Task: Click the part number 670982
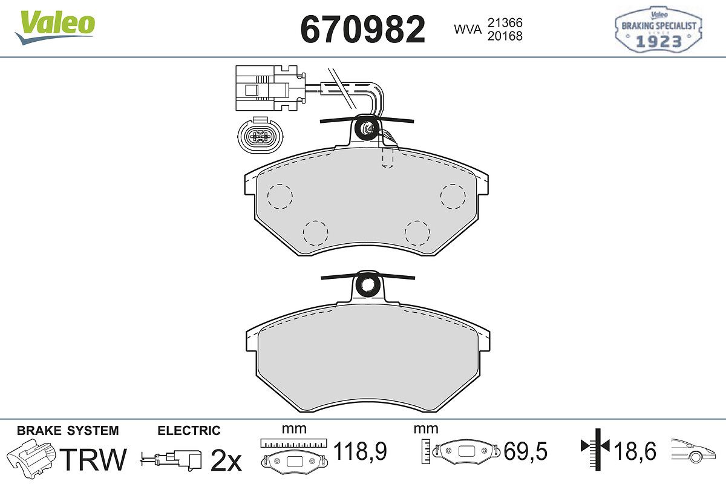tap(362, 29)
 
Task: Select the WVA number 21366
tap(505, 23)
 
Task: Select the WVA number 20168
tap(505, 36)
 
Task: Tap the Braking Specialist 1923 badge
tap(659, 29)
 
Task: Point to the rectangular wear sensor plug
tap(270, 88)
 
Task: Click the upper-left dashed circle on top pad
tap(280, 197)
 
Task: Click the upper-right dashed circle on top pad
tap(453, 197)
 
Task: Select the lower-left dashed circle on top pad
tap(315, 233)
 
